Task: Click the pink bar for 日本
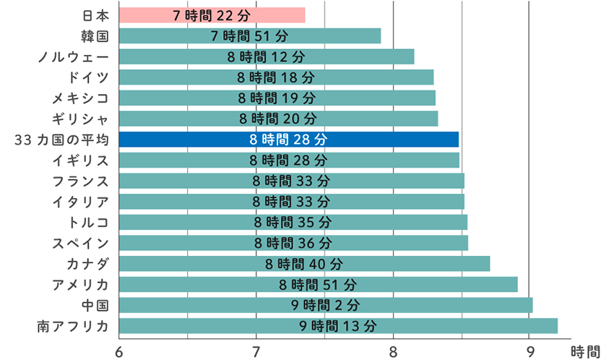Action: (x=212, y=15)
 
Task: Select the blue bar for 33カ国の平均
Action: (x=289, y=139)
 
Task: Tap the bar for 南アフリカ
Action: (x=338, y=325)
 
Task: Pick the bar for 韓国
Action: (x=249, y=35)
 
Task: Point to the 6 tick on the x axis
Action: (x=119, y=351)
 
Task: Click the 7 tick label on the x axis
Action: (x=256, y=351)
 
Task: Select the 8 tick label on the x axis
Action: (x=394, y=351)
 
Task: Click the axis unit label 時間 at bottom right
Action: (x=585, y=351)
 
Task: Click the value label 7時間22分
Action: (x=212, y=15)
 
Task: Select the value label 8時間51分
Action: (x=318, y=284)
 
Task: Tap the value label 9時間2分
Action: (x=325, y=305)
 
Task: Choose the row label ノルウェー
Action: (x=74, y=56)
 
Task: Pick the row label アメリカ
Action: (x=80, y=284)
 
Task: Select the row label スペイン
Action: (x=80, y=242)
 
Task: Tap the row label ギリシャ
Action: (x=80, y=119)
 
